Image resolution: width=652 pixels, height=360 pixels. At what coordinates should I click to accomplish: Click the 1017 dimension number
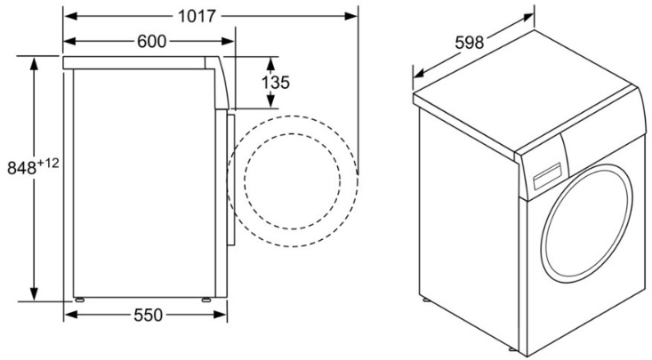point(197,16)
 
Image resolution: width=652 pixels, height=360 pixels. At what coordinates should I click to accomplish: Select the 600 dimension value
point(151,41)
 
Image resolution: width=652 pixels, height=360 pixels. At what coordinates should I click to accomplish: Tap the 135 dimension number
point(275,83)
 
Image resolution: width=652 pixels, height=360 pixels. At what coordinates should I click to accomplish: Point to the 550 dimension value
point(148,315)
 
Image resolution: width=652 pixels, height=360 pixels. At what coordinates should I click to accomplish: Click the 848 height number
point(22,168)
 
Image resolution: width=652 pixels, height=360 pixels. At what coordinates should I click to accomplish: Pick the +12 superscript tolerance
point(48,164)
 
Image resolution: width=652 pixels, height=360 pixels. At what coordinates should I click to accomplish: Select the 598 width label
point(470,43)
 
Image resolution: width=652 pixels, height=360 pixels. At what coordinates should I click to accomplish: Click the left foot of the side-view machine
point(79,300)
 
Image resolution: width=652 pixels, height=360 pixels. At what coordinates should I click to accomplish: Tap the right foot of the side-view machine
point(206,300)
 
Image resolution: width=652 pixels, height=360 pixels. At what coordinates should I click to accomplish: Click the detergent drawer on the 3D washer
point(547,175)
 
